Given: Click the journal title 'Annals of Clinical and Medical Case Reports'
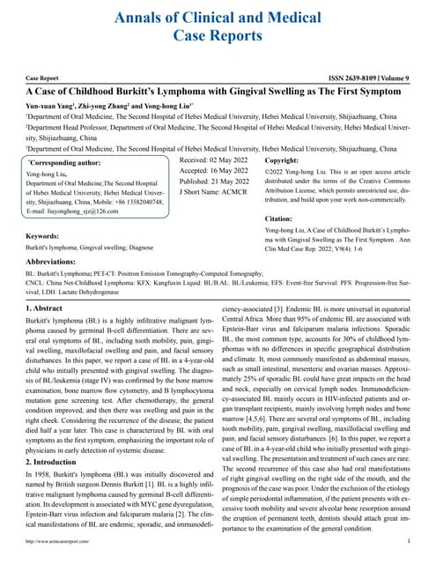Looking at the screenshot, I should pyautogui.click(x=218, y=26).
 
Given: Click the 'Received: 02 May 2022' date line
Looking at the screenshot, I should pyautogui.click(x=213, y=162).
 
